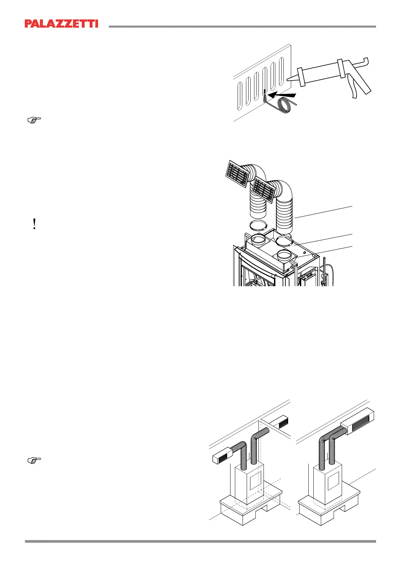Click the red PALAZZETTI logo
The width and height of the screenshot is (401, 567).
pos(61,24)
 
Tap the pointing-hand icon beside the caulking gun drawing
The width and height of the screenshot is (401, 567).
pos(34,119)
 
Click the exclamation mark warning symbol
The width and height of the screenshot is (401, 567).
pos(34,224)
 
